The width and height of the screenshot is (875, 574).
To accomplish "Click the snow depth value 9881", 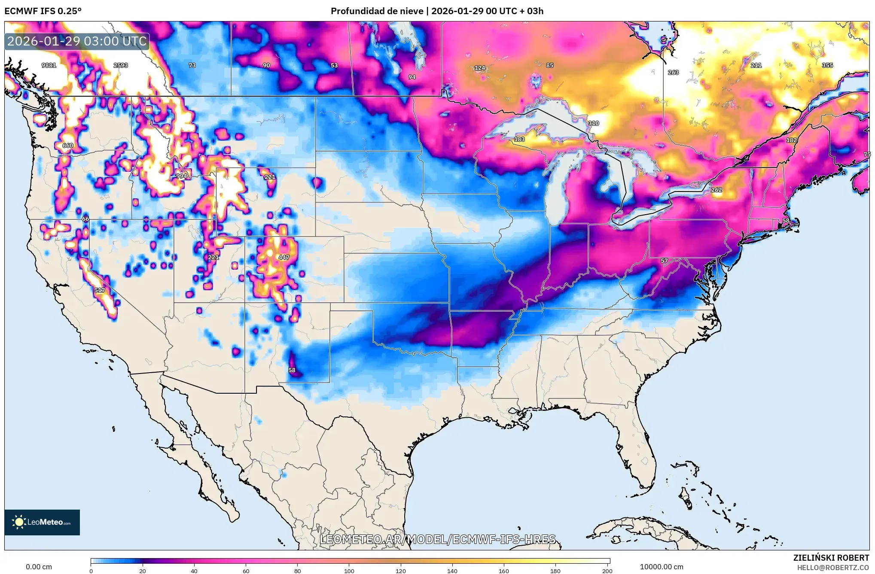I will pos(49,65).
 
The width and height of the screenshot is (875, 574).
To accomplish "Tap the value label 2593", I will pos(121,65).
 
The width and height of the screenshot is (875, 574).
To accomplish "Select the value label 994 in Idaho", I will pos(181,176).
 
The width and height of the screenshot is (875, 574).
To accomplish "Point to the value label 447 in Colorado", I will pos(284,257).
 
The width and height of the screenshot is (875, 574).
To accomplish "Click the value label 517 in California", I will pos(100,290).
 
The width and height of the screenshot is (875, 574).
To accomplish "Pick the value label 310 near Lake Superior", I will pos(594,123).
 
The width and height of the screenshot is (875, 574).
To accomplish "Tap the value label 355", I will pos(827,65).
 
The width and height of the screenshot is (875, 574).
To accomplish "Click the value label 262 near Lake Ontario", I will pos(716,190).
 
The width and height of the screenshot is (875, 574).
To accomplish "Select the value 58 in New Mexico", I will pos(292,370).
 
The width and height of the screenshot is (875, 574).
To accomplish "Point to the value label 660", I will pos(68,146).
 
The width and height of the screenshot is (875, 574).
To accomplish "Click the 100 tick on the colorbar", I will pos(349,571).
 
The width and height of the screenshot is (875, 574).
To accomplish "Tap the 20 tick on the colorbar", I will pos(143,571).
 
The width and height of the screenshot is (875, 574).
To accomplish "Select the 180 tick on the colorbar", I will pos(555,571).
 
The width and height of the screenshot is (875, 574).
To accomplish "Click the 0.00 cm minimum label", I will pos(39,567).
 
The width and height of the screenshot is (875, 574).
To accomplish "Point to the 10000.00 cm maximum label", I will pos(662,567).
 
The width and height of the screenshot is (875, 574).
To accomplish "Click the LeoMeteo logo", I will pos(42,522).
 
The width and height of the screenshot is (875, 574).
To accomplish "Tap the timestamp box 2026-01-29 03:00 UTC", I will pos(77,41).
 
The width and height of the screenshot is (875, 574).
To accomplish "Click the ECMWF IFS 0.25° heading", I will pos(43,11).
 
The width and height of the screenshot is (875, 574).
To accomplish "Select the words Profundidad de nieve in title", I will pos(377,11).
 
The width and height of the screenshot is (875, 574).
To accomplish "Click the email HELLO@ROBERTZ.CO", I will pos(833,568).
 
